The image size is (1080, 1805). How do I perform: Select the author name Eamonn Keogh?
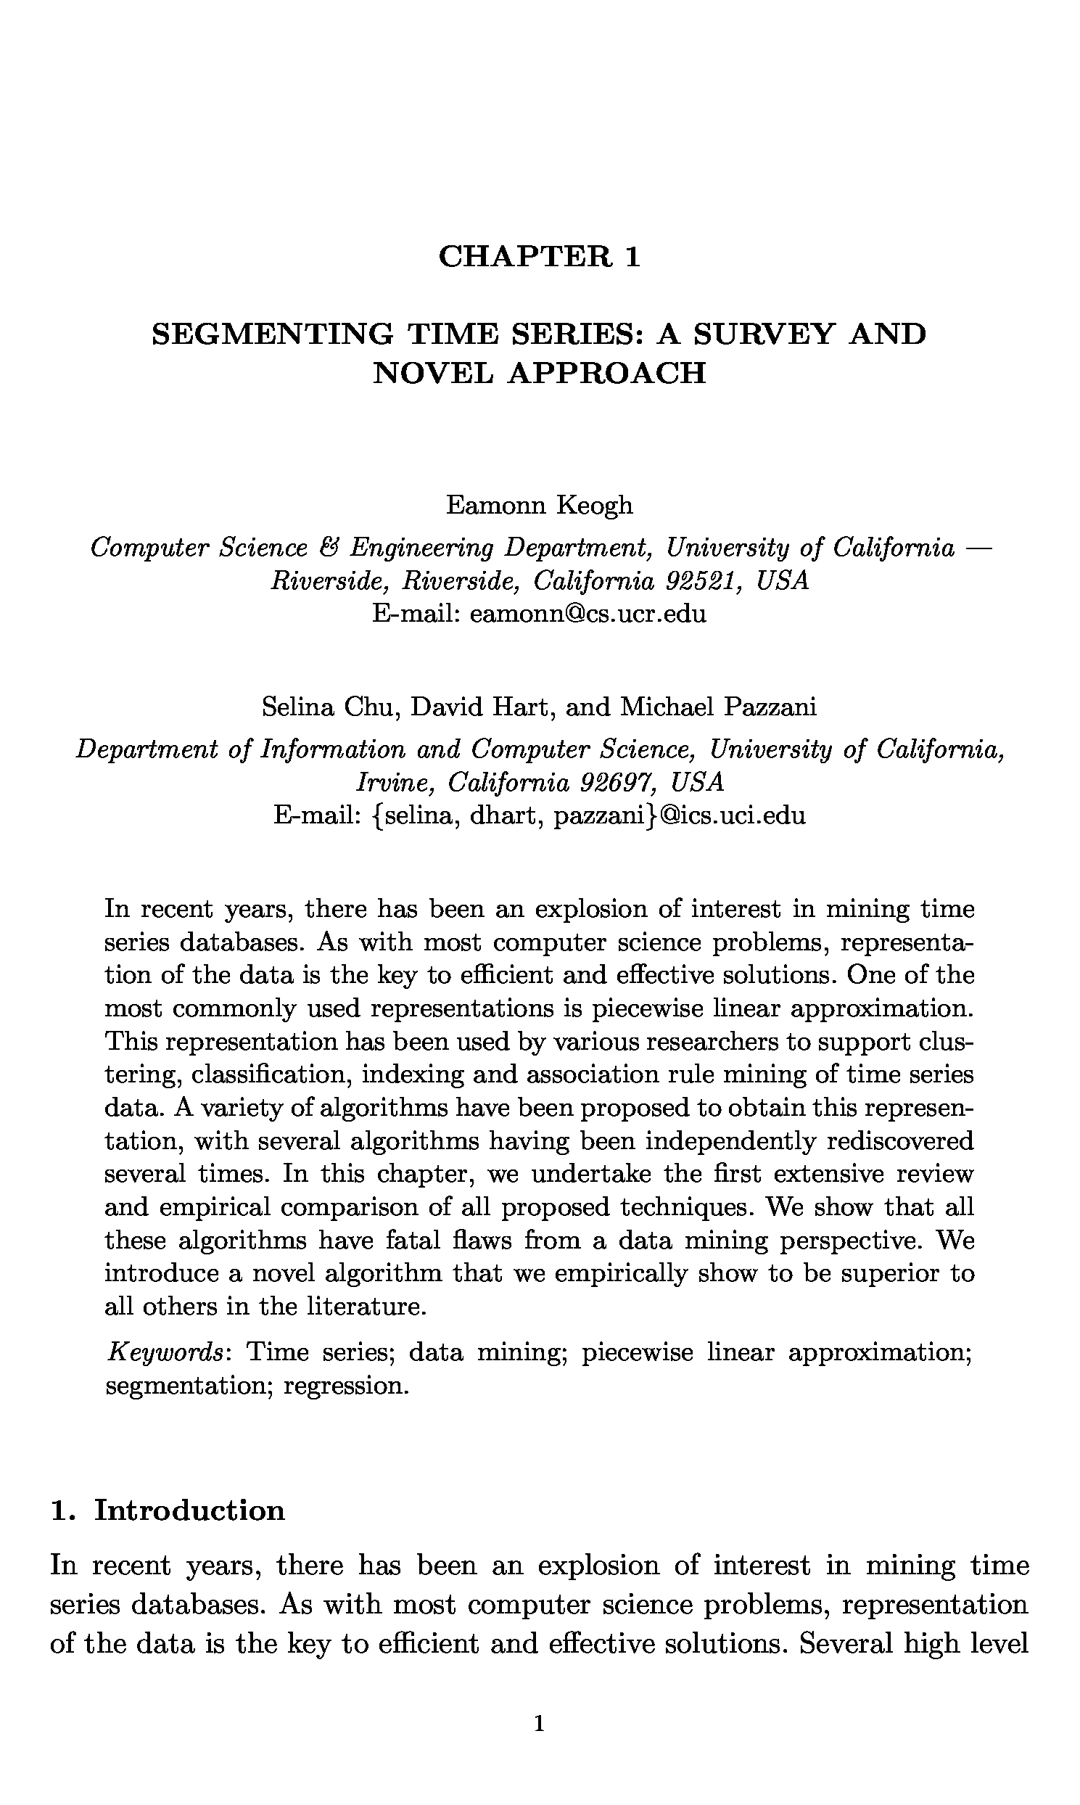click(539, 505)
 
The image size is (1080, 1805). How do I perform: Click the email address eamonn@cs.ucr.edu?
click(588, 614)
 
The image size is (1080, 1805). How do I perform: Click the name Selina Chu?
click(331, 706)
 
